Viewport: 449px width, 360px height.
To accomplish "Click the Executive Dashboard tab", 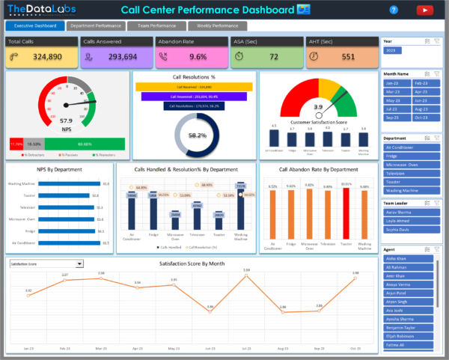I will coord(34,25).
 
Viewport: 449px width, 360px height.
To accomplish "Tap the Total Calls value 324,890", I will coord(47,57).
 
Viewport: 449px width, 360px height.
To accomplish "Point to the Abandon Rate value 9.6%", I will coord(198,57).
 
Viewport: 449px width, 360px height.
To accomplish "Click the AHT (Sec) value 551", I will coord(348,57).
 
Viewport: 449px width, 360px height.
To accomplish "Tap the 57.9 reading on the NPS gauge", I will coord(67,120).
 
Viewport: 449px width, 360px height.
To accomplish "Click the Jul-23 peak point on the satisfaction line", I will coord(246,275).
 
